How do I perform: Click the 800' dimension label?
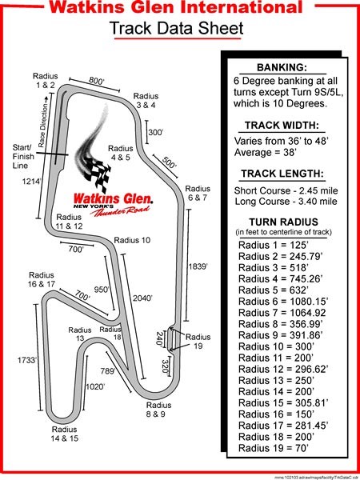97,81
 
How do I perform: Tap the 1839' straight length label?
198,266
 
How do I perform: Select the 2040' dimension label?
142,298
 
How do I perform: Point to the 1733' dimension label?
27,360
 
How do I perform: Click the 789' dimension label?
108,371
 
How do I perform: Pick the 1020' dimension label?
95,387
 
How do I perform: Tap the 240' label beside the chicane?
159,338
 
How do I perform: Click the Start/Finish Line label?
23,157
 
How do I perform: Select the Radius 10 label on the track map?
132,240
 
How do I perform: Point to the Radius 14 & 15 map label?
65,434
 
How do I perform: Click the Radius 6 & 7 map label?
198,193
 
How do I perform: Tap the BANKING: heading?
282,68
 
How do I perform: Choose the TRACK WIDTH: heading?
282,126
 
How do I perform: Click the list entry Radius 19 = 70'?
273,449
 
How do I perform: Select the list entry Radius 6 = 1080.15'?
283,302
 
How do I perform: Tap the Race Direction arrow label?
44,122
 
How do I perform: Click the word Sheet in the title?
221,28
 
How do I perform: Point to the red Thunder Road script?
120,210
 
